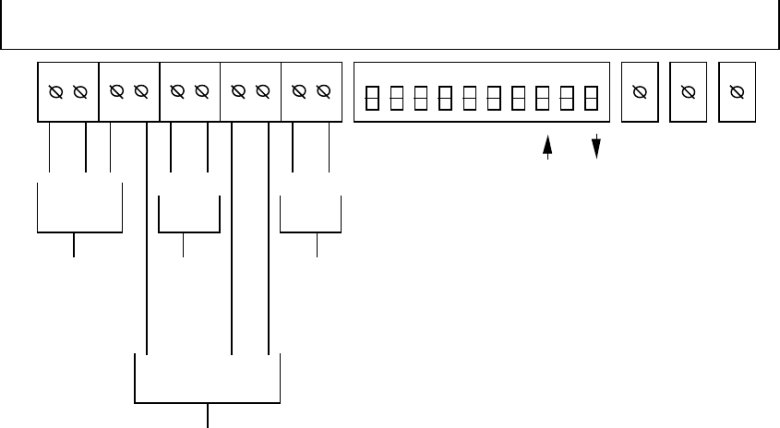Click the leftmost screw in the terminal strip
(55, 91)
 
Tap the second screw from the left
(79, 91)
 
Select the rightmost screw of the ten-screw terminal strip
(323, 91)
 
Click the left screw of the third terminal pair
(177, 91)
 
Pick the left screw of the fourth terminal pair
(238, 91)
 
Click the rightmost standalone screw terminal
(737, 91)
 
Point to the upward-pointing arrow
(547, 147)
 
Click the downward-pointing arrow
(595, 147)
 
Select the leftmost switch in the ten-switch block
(372, 97)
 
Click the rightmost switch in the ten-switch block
(591, 97)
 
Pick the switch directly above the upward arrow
(543, 97)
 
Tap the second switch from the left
(396, 97)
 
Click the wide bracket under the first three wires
(79, 232)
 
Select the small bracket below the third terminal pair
(189, 232)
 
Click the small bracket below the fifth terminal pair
(311, 232)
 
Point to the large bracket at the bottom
(207, 401)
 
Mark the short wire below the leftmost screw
(49, 148)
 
